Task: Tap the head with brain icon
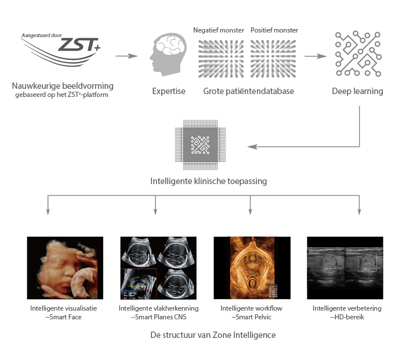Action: (x=168, y=56)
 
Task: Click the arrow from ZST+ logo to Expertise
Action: (x=127, y=56)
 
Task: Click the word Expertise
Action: (x=168, y=91)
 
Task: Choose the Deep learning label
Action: (x=357, y=91)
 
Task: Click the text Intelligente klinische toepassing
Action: (x=200, y=181)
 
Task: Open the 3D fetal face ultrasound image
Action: (x=65, y=267)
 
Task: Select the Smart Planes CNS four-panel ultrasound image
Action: (x=158, y=267)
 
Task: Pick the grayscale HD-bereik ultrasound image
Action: (x=345, y=267)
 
